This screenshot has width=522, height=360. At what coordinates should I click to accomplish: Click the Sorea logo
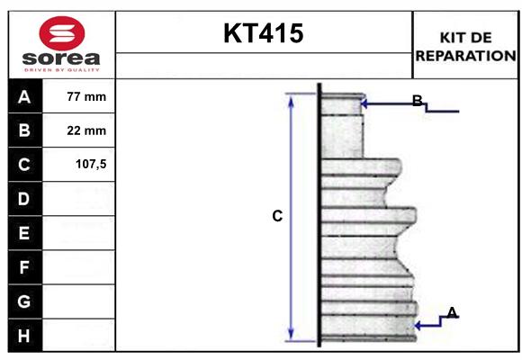tap(60, 43)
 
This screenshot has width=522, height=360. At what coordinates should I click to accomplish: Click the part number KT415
tap(263, 34)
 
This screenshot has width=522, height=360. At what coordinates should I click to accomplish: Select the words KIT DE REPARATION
tap(465, 46)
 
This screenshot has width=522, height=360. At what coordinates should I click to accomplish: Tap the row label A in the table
tap(24, 97)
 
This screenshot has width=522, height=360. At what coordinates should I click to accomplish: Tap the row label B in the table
tap(24, 130)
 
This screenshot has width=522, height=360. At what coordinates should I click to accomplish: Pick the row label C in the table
tap(24, 165)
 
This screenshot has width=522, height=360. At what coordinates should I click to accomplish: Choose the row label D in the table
tap(24, 198)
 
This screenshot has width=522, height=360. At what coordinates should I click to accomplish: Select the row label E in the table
tap(24, 233)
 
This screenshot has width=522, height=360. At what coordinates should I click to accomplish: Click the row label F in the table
tap(24, 267)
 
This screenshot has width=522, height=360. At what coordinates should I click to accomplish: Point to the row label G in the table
tap(24, 301)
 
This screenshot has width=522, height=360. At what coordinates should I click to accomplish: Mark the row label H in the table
tap(24, 335)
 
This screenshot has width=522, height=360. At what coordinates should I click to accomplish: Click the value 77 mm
tap(86, 96)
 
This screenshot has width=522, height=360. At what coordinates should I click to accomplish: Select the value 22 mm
tap(86, 130)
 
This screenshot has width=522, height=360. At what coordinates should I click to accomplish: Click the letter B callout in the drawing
tap(418, 100)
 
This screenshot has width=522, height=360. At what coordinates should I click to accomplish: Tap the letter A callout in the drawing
tap(452, 312)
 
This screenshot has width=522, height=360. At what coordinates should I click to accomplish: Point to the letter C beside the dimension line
tap(277, 216)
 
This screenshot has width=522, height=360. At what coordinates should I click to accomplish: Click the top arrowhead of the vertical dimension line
tap(291, 97)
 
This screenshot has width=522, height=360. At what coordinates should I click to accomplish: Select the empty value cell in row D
tap(79, 198)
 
